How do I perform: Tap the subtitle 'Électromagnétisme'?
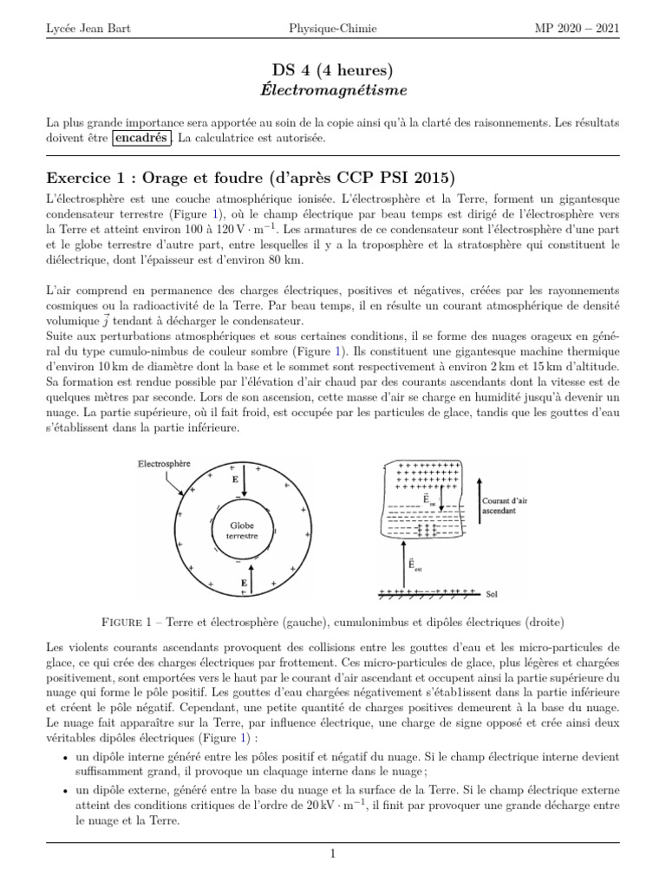pos(333,89)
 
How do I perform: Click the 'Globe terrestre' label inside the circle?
pos(243,530)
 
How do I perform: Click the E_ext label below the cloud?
pos(415,569)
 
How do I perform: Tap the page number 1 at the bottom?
pos(332,854)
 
